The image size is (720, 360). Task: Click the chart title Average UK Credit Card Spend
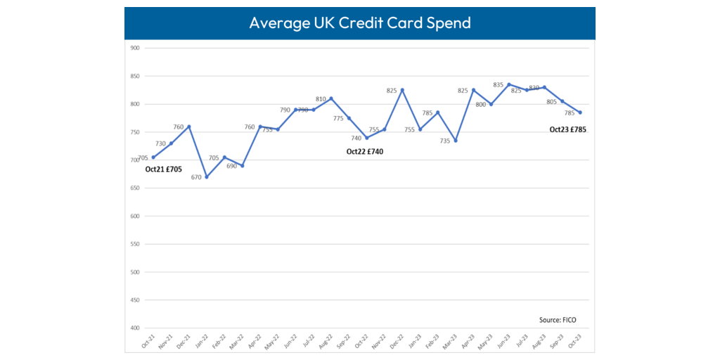tap(359, 22)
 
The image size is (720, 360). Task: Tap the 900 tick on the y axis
tap(134, 49)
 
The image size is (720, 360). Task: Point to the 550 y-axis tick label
tap(134, 244)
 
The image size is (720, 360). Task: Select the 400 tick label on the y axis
tap(134, 328)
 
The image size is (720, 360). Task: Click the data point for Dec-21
tap(189, 127)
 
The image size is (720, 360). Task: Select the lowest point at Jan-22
tap(207, 177)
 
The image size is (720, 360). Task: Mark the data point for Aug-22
tap(331, 98)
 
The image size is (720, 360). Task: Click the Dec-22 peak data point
tap(402, 90)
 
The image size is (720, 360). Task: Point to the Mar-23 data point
tap(456, 141)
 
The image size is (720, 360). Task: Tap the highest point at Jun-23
tap(509, 84)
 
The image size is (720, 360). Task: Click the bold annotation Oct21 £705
tap(163, 169)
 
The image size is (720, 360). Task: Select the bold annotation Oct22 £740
tap(365, 151)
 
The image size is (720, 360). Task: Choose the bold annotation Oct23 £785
tap(567, 129)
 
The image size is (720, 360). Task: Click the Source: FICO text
tap(558, 320)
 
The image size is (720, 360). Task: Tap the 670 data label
tap(196, 177)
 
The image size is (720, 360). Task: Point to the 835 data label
tap(498, 85)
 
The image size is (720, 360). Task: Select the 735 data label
tap(444, 141)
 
